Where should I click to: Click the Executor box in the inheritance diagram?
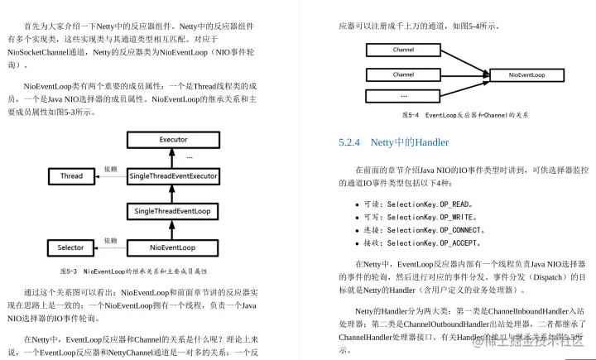(173, 140)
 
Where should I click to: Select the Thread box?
(71, 176)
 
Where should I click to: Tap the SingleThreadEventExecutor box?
(173, 176)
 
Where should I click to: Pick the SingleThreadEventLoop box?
(173, 212)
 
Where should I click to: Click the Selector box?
(71, 247)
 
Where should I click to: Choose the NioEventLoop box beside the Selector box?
(173, 247)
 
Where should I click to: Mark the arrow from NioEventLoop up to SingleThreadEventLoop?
(173, 230)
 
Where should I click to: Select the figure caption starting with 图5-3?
(133, 271)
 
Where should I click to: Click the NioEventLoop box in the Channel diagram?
(526, 74)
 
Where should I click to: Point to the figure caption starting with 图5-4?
(464, 115)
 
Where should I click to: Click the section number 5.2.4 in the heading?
(350, 142)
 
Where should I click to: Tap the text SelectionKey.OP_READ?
(430, 204)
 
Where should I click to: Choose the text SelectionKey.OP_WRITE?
(432, 217)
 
